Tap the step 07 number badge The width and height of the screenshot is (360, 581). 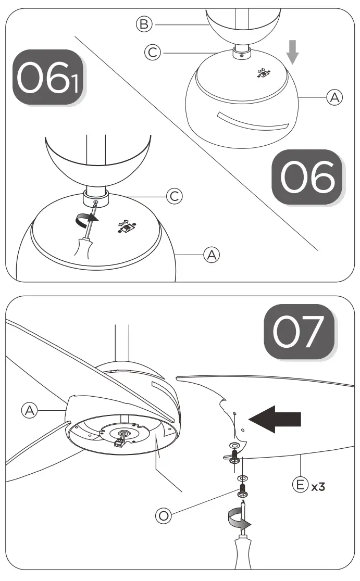coord(299,332)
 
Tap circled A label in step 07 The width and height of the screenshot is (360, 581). coord(30,410)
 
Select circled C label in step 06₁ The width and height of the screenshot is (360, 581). coord(174,196)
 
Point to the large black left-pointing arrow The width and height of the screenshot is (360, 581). coord(275,418)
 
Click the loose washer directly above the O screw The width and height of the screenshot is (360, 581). coord(243,477)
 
